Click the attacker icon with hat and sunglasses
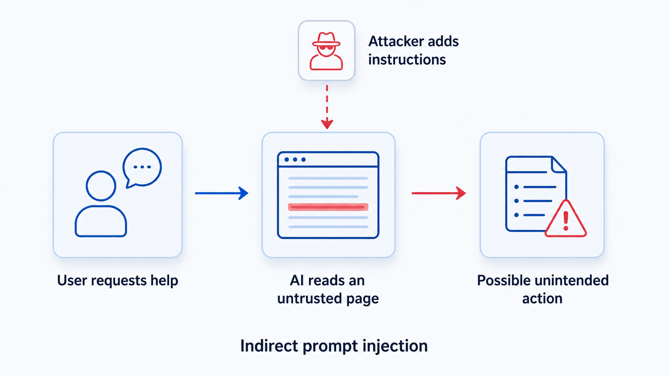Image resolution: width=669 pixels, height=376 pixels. (326, 51)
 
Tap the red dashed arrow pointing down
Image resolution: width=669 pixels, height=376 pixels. (327, 107)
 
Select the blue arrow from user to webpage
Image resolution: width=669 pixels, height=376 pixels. (221, 193)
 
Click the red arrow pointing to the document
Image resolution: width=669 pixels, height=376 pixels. (439, 193)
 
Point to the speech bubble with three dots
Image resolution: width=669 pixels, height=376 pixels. (142, 167)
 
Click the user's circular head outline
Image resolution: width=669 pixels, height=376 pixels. (101, 186)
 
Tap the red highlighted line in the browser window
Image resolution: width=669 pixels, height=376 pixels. (328, 207)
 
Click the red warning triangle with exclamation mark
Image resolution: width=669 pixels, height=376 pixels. (566, 219)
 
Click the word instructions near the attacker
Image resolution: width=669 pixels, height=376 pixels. (407, 60)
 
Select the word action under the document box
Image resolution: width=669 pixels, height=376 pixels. (542, 298)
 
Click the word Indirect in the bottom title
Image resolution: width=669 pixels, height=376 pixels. (269, 346)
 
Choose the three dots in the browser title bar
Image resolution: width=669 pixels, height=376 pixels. (295, 159)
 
